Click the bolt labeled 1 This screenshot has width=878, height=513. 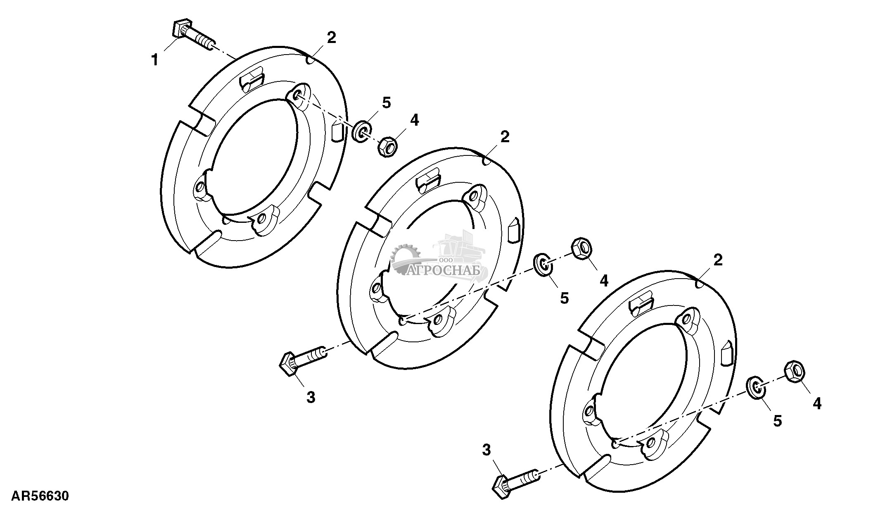pos(192,34)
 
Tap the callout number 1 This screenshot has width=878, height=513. pos(154,61)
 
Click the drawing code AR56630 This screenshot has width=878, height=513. pos(40,496)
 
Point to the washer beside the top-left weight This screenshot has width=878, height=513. pos(362,131)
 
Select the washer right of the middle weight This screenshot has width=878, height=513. pos(543,265)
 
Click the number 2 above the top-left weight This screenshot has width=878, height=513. pos(332,38)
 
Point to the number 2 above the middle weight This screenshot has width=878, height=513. pos(505,137)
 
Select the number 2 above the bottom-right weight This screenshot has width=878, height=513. pos(718,260)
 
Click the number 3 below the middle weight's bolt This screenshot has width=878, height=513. pos(311,397)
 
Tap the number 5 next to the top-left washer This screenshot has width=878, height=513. pos(386,103)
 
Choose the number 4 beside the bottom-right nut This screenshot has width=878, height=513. pos(817,403)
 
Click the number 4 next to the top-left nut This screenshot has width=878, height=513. pos(414,120)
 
